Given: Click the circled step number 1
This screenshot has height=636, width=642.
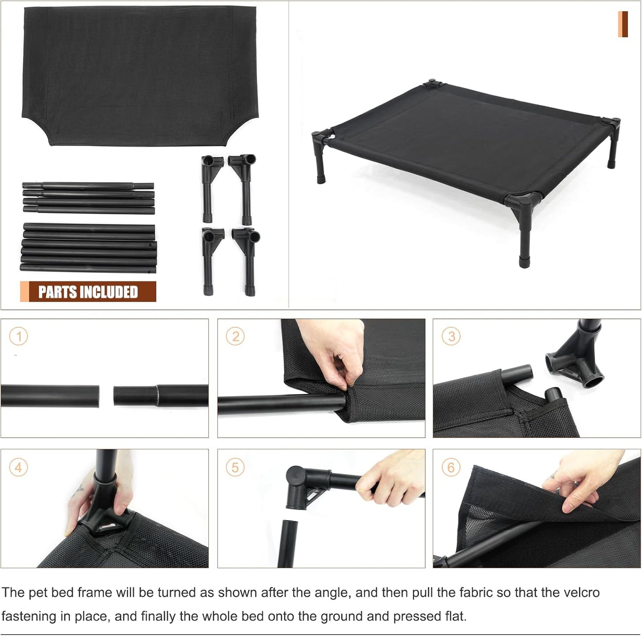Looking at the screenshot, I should click(19, 336).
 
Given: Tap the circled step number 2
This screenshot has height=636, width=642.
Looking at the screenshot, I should click(235, 336).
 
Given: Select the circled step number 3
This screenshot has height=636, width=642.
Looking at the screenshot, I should click(451, 336).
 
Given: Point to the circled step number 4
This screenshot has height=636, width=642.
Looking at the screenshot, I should click(19, 467).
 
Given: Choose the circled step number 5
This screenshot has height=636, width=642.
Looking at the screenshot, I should click(235, 467).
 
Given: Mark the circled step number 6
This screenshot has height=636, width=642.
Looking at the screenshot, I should click(451, 467).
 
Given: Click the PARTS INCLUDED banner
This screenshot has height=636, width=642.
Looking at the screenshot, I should click(88, 292).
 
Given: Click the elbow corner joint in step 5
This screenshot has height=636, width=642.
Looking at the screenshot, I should click(302, 486).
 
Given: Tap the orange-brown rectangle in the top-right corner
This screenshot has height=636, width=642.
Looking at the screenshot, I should click(623, 24).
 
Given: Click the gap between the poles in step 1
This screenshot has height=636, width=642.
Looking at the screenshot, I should click(106, 395).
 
